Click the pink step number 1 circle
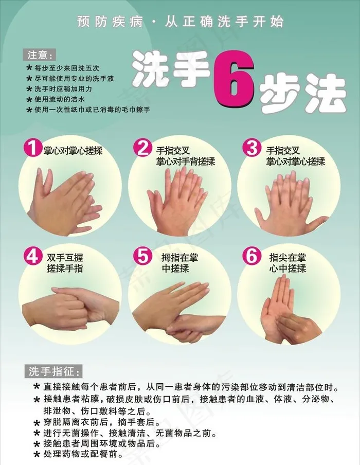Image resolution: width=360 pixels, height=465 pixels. [x=32, y=147]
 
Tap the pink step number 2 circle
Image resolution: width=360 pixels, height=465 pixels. [x=142, y=148]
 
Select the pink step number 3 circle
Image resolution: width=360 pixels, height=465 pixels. [x=252, y=148]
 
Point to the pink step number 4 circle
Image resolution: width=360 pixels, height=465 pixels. [x=32, y=256]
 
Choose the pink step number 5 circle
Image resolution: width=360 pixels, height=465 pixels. [x=142, y=256]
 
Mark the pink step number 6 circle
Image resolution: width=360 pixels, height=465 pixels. [x=252, y=256]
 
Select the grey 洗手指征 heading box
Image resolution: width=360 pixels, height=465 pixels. [x=53, y=371]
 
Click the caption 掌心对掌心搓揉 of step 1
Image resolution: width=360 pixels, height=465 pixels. [x=73, y=151]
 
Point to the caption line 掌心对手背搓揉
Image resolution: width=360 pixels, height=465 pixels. [x=185, y=162]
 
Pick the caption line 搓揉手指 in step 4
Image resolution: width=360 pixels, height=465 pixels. [x=65, y=269]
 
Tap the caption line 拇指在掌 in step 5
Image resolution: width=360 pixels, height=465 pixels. [x=179, y=257]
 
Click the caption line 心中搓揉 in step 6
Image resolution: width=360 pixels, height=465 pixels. [x=287, y=269]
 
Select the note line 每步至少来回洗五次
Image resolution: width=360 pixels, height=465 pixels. [x=66, y=68]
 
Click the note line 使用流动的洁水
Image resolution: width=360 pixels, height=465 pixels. [x=60, y=99]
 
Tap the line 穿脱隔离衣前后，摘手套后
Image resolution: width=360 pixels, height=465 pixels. [x=102, y=422]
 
